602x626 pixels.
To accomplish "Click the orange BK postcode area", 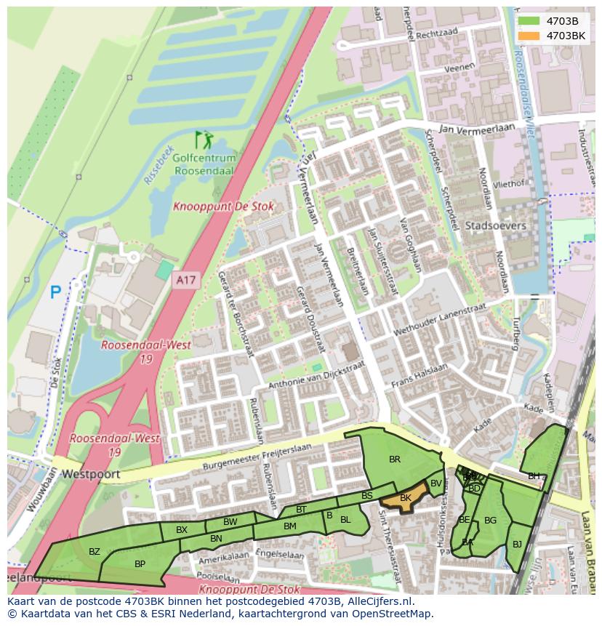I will click(406, 497).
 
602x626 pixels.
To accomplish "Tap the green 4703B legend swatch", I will click(529, 21).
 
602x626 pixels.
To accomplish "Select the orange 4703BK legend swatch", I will click(529, 36).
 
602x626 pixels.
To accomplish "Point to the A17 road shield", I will click(186, 280).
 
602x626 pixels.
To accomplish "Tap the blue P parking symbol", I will click(55, 292).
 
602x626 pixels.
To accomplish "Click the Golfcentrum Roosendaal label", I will click(204, 164).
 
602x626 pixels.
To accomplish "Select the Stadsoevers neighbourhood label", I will click(495, 226).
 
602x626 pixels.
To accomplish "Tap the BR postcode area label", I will click(395, 459).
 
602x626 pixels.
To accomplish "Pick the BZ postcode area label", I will click(95, 552).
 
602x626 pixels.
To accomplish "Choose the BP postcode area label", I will click(140, 563).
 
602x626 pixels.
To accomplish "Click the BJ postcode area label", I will click(517, 543).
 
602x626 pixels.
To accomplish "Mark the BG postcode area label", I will click(490, 520).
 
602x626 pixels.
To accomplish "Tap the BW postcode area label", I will click(230, 522).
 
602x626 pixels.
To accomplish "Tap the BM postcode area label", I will click(289, 526).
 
